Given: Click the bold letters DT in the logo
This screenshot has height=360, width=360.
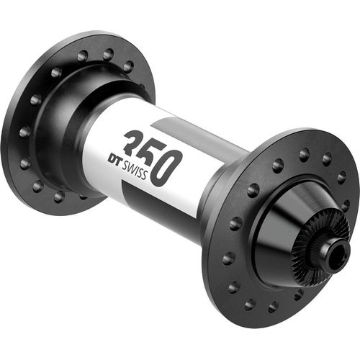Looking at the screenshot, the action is [x=114, y=160].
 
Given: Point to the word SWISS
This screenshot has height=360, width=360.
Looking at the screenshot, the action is [x=135, y=170].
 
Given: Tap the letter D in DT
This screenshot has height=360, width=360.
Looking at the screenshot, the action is [x=112, y=158].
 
